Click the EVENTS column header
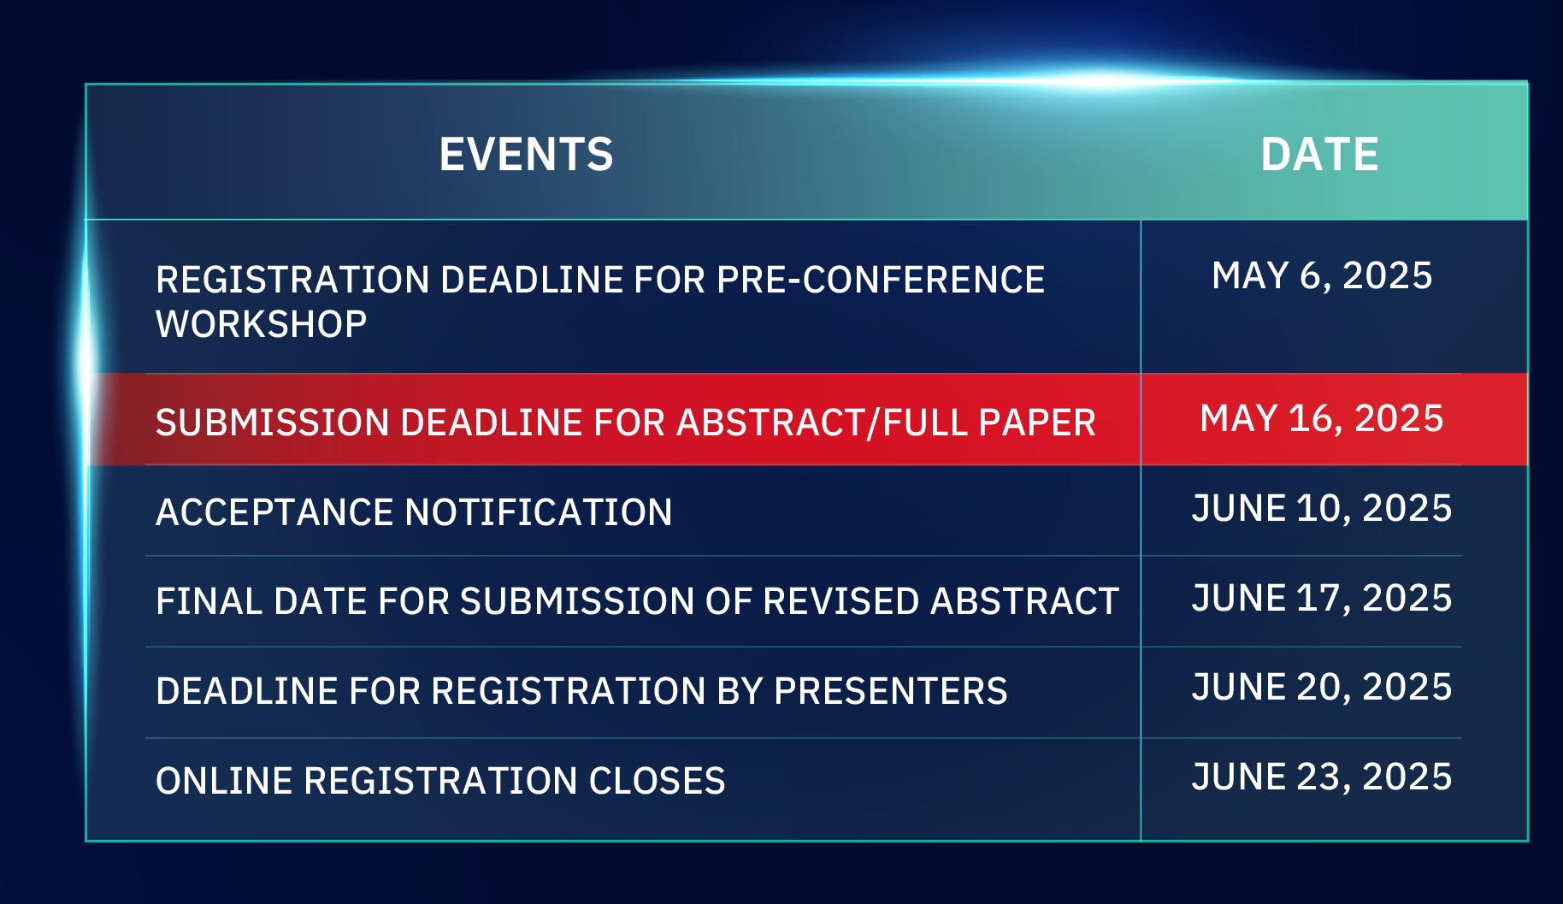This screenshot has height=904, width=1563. (526, 155)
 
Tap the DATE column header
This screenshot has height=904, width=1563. (1319, 155)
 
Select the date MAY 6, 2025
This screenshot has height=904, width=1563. (1322, 276)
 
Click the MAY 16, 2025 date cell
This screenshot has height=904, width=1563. (1322, 419)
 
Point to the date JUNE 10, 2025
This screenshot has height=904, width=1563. (1322, 509)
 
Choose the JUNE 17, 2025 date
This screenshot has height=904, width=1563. (1322, 599)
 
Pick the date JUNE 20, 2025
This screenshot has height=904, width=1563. (1322, 688)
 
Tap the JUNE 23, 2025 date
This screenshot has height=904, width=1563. (1322, 777)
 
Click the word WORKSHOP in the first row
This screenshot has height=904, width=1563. (262, 324)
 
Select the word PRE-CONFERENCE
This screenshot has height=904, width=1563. (881, 280)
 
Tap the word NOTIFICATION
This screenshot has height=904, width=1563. (539, 512)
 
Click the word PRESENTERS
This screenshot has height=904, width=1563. (890, 691)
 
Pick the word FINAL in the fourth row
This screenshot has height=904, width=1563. (209, 601)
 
